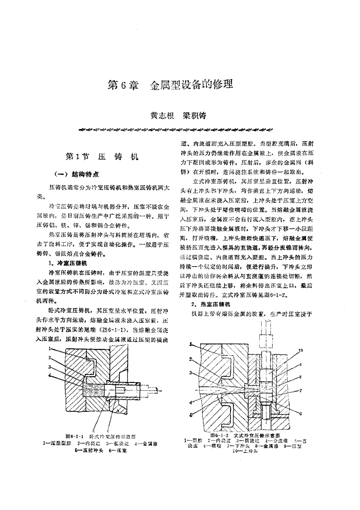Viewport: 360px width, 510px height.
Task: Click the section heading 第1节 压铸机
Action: click(x=102, y=157)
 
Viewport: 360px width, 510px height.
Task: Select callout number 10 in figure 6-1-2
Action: click(x=300, y=351)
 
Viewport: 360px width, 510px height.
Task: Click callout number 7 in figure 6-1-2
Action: click(x=300, y=390)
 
